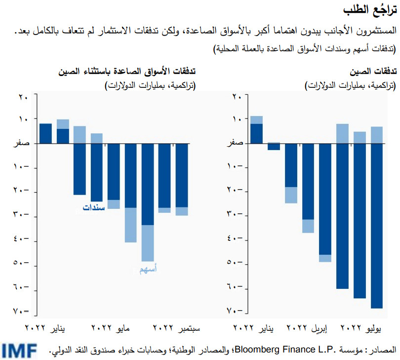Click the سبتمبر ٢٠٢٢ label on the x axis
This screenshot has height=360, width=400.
176,327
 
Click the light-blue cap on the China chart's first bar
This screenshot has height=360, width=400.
256,120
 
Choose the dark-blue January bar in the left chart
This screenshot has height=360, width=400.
45,133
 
